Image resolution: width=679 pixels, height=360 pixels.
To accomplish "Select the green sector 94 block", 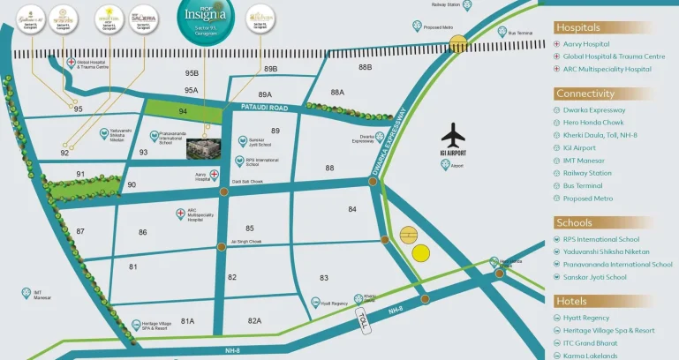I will [183, 112].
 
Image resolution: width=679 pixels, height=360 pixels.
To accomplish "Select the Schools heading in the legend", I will [574, 222].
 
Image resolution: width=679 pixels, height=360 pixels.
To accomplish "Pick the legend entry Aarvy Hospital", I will [585, 44].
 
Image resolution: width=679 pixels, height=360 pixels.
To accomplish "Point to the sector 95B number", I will [192, 73].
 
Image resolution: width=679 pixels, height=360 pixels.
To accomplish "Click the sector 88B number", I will [365, 67].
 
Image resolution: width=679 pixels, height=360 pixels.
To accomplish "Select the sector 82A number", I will [254, 320].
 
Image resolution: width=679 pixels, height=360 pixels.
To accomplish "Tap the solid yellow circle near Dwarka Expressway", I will [421, 252].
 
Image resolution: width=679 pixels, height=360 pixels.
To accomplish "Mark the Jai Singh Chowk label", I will [246, 241].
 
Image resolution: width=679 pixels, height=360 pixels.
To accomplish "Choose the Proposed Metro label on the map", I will [439, 27].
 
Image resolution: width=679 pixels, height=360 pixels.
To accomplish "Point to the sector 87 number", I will [80, 231].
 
